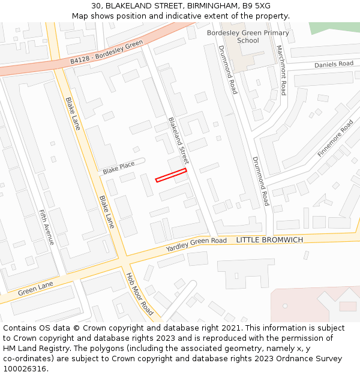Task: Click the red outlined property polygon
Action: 171,175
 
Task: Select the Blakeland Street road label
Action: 178,141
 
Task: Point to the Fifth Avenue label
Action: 46,227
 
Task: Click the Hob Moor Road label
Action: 139,295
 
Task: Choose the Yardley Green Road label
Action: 196,244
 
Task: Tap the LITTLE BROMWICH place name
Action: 269,240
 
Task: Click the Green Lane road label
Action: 35,288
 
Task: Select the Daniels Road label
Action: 334,64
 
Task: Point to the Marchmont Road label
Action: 280,70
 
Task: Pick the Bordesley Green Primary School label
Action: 248,37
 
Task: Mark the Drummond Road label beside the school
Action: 228,70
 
